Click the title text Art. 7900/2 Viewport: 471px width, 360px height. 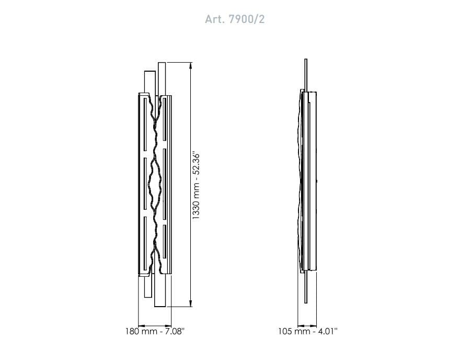tap(235, 19)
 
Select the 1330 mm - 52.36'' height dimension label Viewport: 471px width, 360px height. tap(196, 186)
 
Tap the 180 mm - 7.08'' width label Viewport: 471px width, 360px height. tap(155, 331)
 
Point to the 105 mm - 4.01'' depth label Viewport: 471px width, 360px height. tap(307, 331)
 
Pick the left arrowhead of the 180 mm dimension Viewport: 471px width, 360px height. tap(142, 325)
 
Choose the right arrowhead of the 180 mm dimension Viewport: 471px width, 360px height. tap(168, 325)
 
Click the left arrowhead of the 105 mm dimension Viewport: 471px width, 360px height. tap(301, 325)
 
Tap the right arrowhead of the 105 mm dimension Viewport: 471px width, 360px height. tap(313, 325)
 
